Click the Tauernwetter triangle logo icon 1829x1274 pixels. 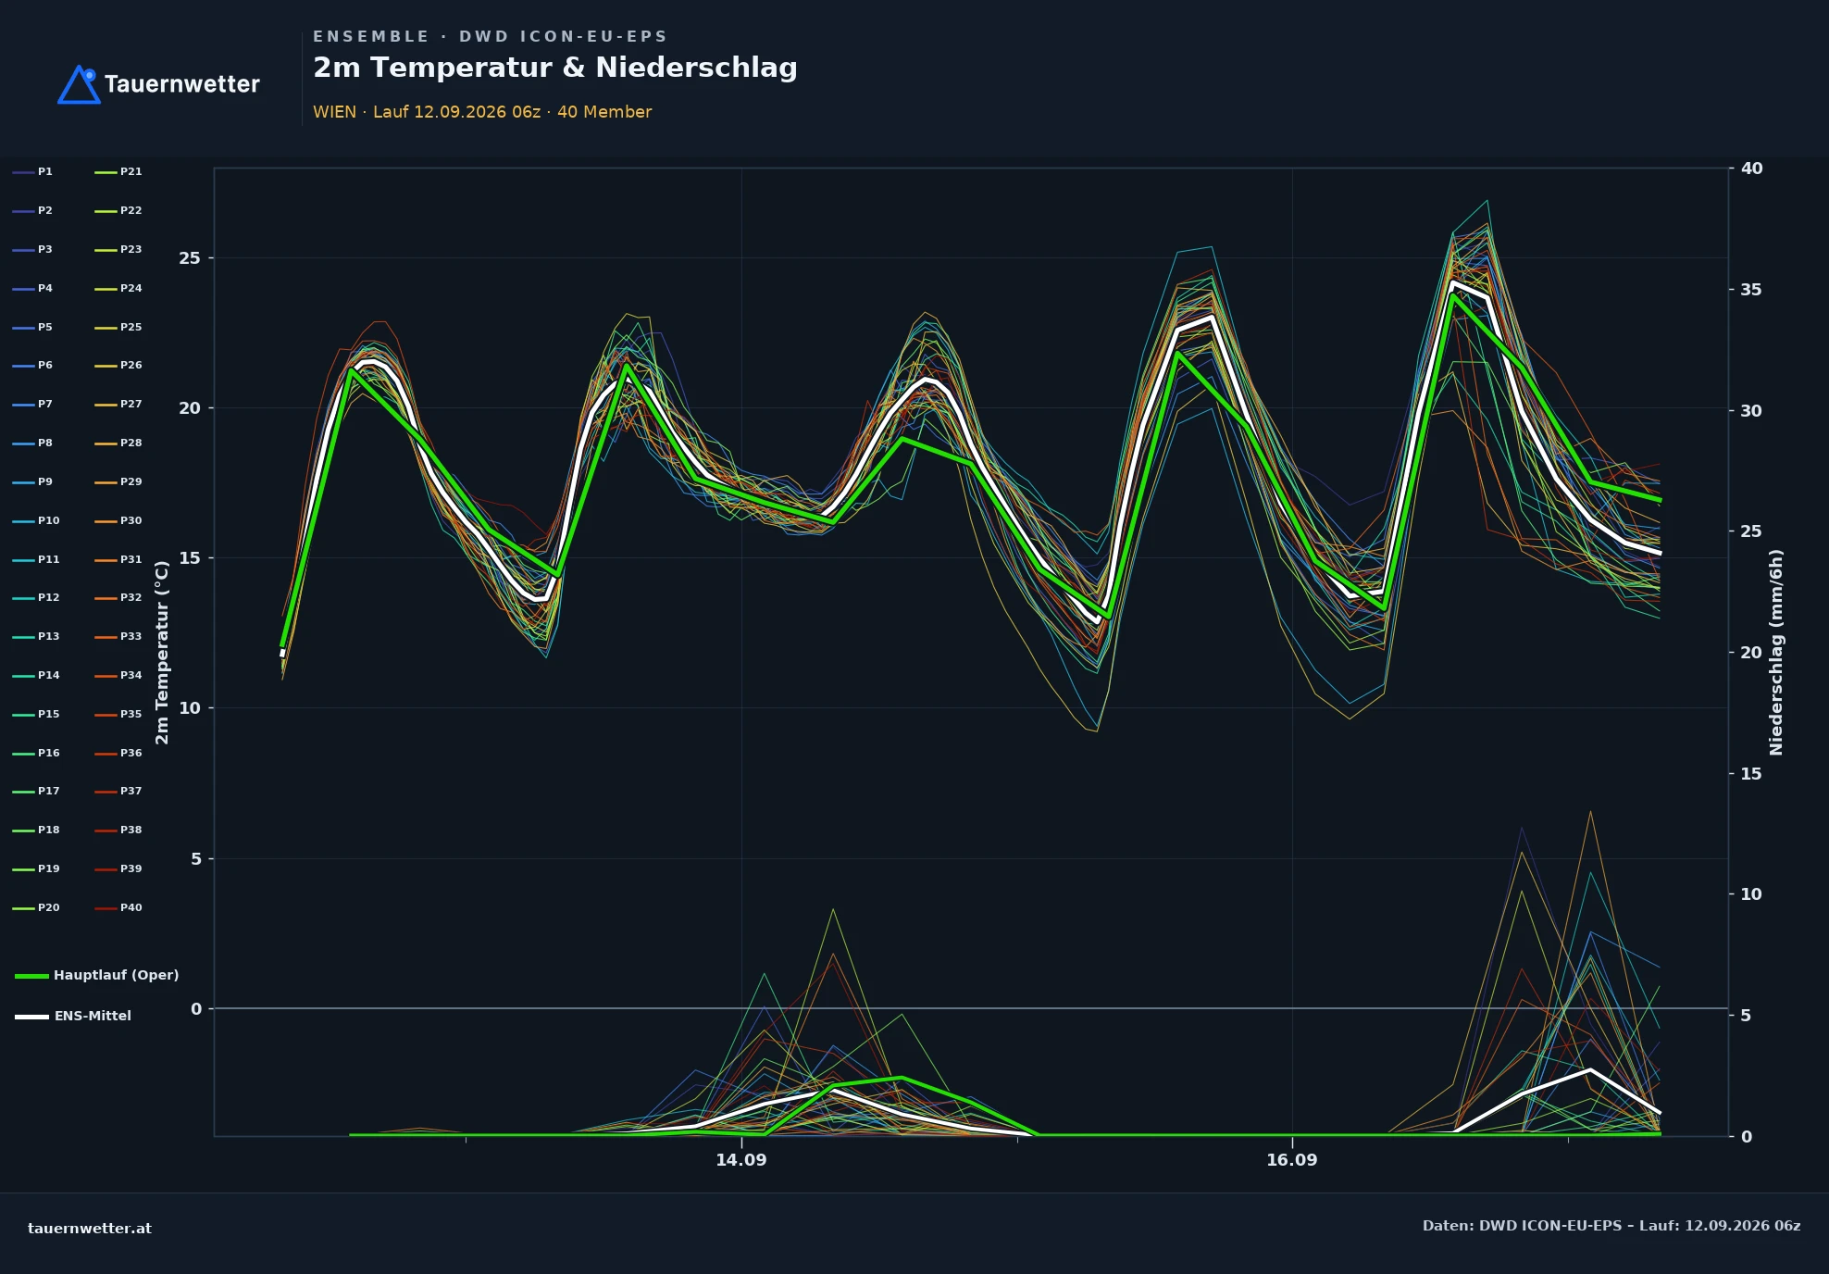pos(79,85)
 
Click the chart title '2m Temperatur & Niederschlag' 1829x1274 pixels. pos(555,68)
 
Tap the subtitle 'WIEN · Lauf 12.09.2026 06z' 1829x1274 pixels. pos(427,112)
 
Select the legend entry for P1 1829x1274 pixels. pos(33,172)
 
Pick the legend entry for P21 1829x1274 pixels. pos(118,172)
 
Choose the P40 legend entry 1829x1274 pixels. pos(118,908)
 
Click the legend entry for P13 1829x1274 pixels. pos(36,637)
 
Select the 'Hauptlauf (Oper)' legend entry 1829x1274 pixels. pos(97,975)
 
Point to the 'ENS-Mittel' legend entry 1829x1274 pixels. pos(73,1016)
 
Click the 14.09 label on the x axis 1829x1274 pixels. pos(741,1160)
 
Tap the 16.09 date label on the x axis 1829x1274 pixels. pos(1292,1160)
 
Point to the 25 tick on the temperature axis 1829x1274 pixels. pos(190,258)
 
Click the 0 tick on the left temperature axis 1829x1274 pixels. pos(195,1009)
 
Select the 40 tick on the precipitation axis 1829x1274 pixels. pos(1751,169)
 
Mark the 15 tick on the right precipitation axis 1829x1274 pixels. pos(1751,773)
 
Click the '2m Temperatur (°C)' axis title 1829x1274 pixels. pos(163,652)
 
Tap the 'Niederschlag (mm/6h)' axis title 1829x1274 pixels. pos(1776,652)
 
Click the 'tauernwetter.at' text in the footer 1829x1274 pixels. pos(90,1229)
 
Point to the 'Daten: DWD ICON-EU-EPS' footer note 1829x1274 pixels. pos(1523,1226)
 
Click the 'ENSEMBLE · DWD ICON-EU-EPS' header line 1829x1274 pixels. pos(490,37)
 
